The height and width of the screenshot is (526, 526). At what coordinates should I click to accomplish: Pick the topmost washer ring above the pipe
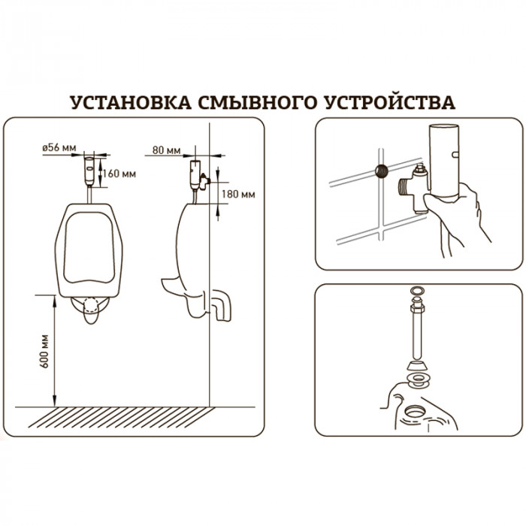click(x=416, y=291)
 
